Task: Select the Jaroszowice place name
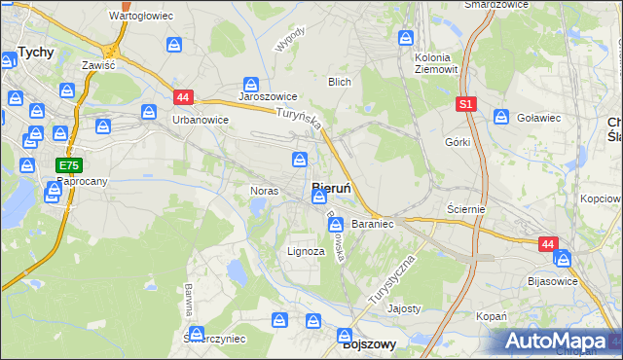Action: pyautogui.click(x=268, y=98)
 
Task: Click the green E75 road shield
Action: pyautogui.click(x=68, y=166)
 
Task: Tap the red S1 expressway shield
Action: pyautogui.click(x=465, y=102)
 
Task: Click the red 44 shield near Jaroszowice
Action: pyautogui.click(x=184, y=96)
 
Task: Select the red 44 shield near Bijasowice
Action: pyautogui.click(x=548, y=244)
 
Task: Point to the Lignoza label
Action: pyautogui.click(x=305, y=251)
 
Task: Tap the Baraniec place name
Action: pyautogui.click(x=372, y=224)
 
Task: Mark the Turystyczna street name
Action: pyautogui.click(x=393, y=282)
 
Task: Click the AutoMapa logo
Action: pyautogui.click(x=559, y=341)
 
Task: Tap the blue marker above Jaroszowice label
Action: pyautogui.click(x=251, y=85)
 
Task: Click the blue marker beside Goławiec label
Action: pyautogui.click(x=501, y=117)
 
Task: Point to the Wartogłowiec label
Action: pyautogui.click(x=140, y=17)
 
